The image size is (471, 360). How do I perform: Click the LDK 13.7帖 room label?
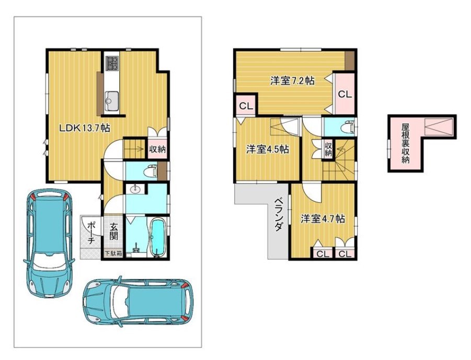(84, 128)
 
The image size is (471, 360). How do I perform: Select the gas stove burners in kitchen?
(112, 64)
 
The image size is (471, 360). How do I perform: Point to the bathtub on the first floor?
(157, 238)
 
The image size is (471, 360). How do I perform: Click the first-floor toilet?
(150, 171)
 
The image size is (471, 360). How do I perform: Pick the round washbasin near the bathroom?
(135, 189)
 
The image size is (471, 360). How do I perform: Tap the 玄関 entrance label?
(113, 232)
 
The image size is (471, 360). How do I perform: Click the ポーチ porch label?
(92, 232)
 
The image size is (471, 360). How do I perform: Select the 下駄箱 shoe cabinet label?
(113, 253)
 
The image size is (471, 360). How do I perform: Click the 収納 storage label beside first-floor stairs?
(157, 149)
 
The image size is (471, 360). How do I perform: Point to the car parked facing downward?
(49, 242)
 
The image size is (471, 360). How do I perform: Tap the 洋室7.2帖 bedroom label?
(292, 80)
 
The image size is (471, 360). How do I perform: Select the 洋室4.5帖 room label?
(268, 149)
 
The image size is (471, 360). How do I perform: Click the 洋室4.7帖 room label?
(323, 218)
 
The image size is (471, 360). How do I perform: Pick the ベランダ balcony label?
(279, 214)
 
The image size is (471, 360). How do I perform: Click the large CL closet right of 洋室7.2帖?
(345, 94)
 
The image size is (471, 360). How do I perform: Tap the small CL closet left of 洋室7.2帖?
(246, 106)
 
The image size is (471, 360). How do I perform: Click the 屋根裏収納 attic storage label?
(405, 143)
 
